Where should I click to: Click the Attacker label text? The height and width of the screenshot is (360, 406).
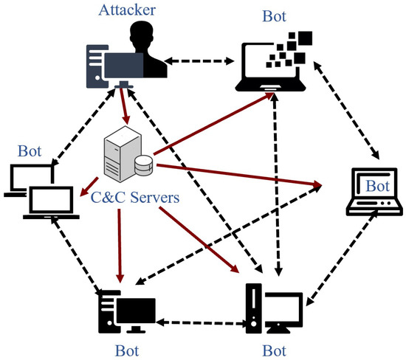(x=127, y=10)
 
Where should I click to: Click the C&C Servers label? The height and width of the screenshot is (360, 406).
(x=135, y=197)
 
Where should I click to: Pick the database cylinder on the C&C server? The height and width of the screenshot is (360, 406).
(x=144, y=166)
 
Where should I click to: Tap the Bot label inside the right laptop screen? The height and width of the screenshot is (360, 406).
(x=377, y=186)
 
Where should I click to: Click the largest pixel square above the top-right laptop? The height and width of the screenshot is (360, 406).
(x=306, y=38)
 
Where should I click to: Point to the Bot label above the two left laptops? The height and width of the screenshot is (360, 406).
(x=30, y=151)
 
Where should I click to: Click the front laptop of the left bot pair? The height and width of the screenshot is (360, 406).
(x=51, y=203)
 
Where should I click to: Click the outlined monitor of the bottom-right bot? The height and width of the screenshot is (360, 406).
(x=284, y=311)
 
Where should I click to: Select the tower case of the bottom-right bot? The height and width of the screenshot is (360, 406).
(x=254, y=308)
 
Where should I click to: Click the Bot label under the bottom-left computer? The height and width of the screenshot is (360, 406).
(x=127, y=351)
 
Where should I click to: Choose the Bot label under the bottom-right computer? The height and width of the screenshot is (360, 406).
(x=275, y=351)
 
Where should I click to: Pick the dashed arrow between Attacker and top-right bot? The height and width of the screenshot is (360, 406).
(x=199, y=61)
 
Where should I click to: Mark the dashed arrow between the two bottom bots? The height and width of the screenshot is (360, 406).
(x=201, y=323)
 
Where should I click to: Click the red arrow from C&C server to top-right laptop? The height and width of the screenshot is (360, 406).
(x=214, y=124)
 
